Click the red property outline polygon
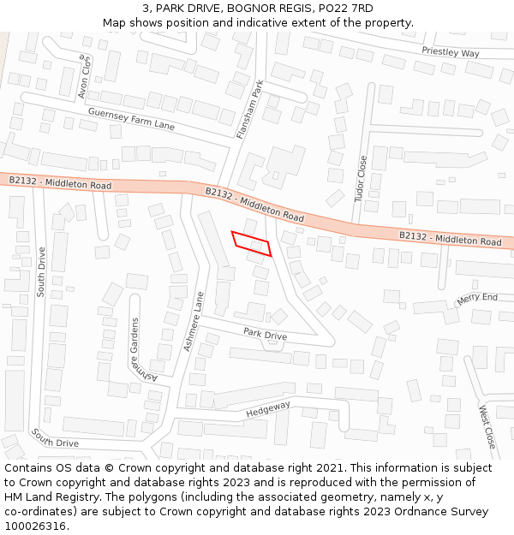point(251,243)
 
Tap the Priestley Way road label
point(451,52)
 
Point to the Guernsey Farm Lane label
point(131,119)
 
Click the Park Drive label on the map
point(265,334)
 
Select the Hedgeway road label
point(268,410)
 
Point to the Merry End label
point(477,299)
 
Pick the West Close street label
point(487,427)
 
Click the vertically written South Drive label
point(40,271)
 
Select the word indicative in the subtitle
point(291,22)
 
